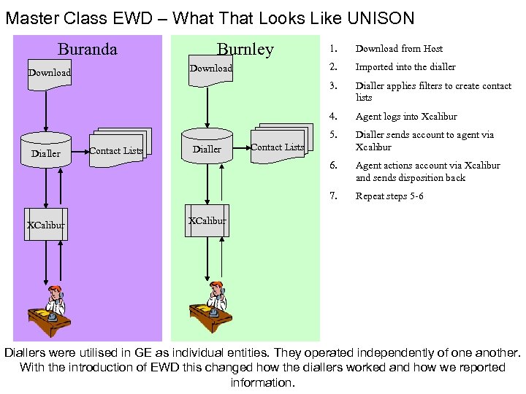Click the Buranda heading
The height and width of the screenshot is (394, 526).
pyautogui.click(x=87, y=50)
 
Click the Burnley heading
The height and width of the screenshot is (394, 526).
pyautogui.click(x=245, y=49)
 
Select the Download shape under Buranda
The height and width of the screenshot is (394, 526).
pyautogui.click(x=49, y=74)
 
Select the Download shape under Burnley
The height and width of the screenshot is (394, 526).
pyautogui.click(x=210, y=69)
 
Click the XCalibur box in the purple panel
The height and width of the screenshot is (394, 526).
pyautogui.click(x=45, y=225)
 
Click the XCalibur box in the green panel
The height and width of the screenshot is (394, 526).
pyautogui.click(x=207, y=221)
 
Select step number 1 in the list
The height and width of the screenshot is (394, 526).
pyautogui.click(x=332, y=49)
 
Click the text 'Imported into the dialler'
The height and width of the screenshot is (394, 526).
pyautogui.click(x=405, y=67)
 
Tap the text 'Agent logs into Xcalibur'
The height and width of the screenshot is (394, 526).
pyautogui.click(x=405, y=117)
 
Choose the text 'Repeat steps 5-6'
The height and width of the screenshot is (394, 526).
pyautogui.click(x=389, y=196)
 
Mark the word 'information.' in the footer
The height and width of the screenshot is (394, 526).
pyautogui.click(x=262, y=382)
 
